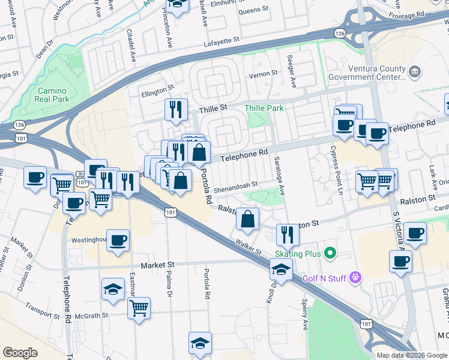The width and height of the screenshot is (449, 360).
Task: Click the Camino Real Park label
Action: (52, 95)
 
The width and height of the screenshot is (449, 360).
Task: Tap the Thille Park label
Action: (264, 108)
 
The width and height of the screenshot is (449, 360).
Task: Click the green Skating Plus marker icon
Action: (330, 254)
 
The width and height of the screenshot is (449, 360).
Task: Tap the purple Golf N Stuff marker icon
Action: (355, 277)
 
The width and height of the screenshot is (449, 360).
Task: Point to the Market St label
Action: (157, 265)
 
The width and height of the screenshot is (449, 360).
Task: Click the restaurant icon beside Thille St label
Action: (176, 109)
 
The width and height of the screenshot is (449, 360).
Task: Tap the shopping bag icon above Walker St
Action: (247, 219)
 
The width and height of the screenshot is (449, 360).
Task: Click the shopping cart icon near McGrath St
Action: (139, 308)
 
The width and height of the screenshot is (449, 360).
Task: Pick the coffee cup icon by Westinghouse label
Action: (118, 240)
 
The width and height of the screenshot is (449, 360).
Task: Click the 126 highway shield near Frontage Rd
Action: (340, 33)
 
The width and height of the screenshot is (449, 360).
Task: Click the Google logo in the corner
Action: (20, 353)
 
